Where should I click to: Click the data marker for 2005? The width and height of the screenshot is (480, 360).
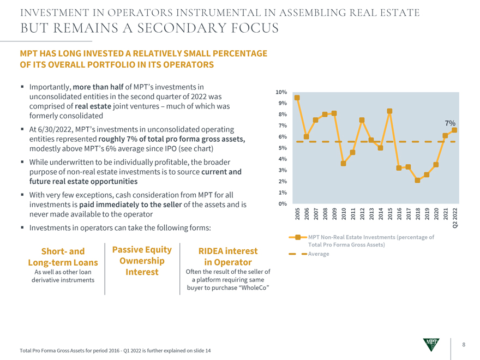pos(297,98)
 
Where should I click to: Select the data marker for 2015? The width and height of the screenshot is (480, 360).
pos(389,111)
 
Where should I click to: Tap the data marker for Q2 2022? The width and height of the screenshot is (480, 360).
pos(454,130)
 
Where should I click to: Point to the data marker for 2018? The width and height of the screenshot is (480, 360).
pos(417,180)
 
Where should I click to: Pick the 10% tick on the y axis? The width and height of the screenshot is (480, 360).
pos(282,92)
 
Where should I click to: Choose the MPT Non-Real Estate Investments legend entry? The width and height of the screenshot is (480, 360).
pos(371,241)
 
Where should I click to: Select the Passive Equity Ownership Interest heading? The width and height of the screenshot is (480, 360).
pos(142,260)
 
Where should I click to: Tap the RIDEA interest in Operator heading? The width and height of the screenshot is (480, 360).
pos(228,257)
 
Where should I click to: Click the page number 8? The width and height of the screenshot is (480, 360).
pos(463,345)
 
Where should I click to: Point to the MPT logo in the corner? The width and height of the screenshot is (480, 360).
pos(431,345)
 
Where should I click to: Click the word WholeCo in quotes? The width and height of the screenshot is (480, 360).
pos(255,287)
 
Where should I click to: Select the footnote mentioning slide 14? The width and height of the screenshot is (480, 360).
pos(115,350)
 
